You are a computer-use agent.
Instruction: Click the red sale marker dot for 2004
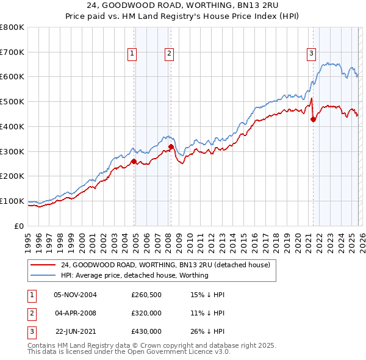[134, 161]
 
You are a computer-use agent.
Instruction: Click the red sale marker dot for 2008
[171, 146]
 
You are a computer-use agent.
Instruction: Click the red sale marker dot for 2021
[314, 120]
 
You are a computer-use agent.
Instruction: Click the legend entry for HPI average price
[134, 276]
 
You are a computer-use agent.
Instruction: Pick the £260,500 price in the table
[146, 295]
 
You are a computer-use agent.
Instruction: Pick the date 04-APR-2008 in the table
[76, 313]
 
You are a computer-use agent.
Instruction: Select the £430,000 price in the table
[146, 331]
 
